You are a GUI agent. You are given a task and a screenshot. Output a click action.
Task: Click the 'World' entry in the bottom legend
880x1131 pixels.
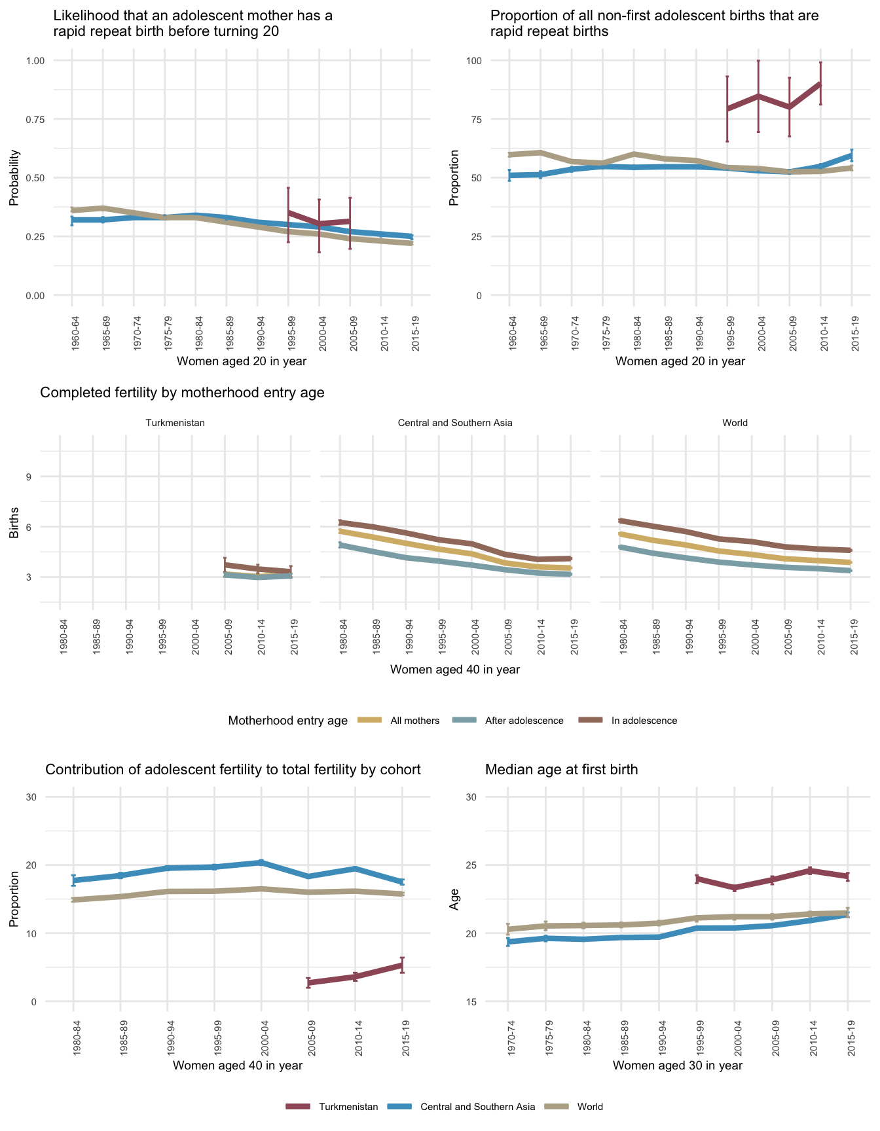(590, 1107)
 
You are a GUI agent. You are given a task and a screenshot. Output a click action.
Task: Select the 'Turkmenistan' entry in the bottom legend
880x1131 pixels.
(348, 1107)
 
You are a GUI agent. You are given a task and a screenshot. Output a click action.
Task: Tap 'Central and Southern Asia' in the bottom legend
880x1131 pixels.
(477, 1107)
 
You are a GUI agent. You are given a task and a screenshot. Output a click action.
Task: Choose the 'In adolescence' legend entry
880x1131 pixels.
(644, 721)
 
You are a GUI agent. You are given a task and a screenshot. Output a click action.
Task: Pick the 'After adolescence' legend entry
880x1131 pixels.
(524, 721)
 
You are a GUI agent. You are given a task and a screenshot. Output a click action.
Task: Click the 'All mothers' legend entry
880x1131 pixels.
(414, 721)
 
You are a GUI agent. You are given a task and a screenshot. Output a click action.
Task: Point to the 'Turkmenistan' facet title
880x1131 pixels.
(175, 423)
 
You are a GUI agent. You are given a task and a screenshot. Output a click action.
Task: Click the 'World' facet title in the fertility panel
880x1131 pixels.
(735, 423)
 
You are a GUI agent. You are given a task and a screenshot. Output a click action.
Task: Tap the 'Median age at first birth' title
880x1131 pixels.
(561, 770)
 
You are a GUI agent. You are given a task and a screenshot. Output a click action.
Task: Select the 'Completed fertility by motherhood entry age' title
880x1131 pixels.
(182, 393)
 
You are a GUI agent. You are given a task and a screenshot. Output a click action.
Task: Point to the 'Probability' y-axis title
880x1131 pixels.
(14, 178)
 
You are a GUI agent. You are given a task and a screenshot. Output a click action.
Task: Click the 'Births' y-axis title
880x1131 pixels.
(14, 524)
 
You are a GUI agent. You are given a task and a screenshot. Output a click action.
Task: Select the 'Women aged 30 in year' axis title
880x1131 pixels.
(678, 1065)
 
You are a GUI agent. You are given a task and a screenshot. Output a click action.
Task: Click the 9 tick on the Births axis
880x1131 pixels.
(29, 476)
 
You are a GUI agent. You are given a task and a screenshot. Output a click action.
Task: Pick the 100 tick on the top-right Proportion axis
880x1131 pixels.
(473, 61)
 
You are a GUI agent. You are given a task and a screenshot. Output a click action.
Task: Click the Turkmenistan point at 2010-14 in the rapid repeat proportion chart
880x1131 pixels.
(820, 84)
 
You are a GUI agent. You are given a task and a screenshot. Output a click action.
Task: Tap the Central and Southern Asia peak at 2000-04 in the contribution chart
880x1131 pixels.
(261, 862)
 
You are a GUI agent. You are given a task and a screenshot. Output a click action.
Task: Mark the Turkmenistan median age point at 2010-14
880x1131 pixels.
(810, 871)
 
